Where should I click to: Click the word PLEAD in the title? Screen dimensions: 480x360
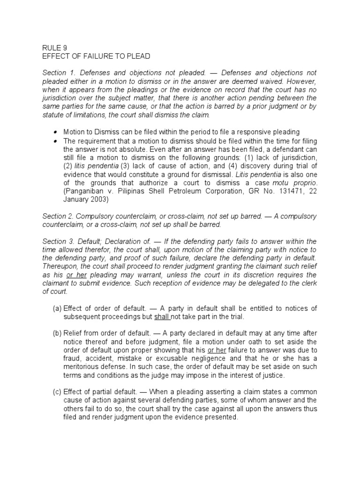click(x=138, y=56)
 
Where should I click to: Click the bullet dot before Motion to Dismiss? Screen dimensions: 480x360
click(x=56, y=132)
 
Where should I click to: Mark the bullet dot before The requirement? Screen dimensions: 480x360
click(x=56, y=141)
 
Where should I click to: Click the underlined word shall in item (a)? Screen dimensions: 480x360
click(x=162, y=316)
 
